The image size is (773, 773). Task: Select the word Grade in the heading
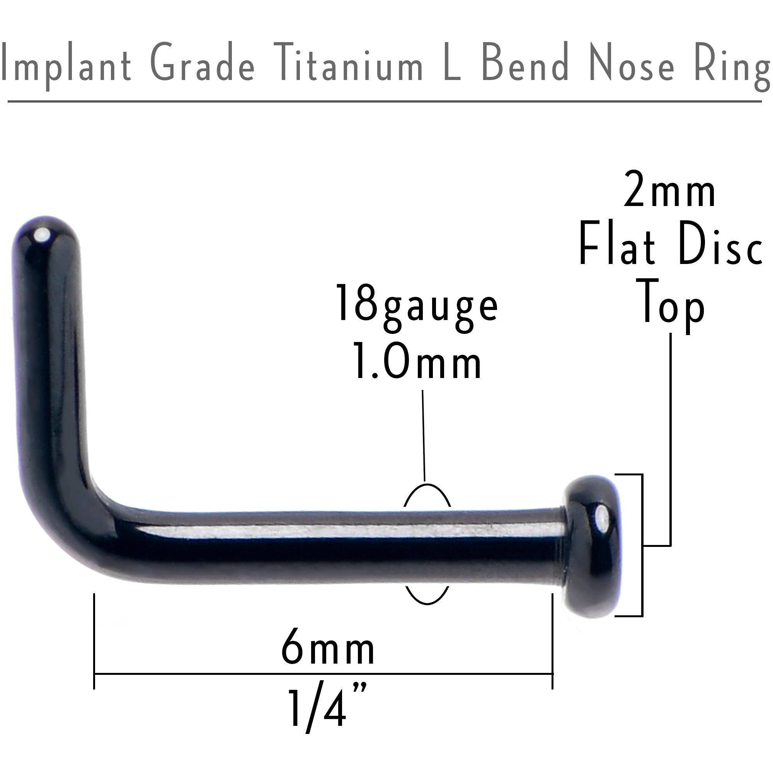click(203, 64)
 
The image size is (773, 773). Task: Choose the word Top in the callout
click(673, 304)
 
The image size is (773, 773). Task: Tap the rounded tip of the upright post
click(44, 236)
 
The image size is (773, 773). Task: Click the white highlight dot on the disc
click(600, 520)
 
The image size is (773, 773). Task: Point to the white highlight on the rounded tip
click(41, 236)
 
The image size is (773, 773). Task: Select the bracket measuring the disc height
click(642, 546)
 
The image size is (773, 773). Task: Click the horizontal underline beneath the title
click(384, 102)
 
